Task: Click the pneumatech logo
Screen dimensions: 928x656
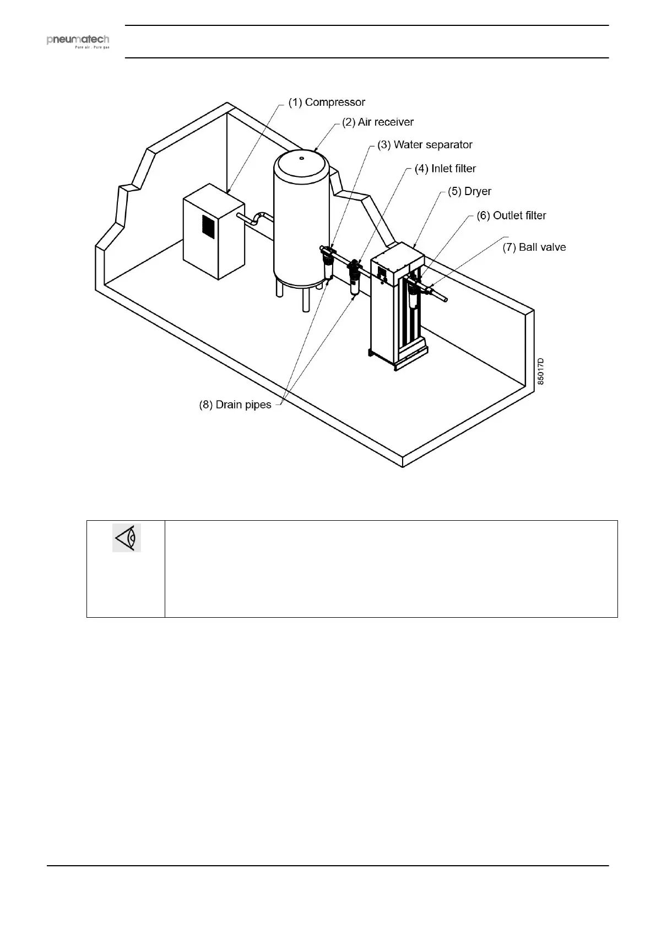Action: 78,41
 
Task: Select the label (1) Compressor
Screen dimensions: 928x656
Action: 327,102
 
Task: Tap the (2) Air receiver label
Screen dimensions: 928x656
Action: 378,122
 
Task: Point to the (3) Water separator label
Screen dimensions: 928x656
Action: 425,145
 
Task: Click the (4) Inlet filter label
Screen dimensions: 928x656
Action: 445,169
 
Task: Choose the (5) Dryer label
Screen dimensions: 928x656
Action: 469,192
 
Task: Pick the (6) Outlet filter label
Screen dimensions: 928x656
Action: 511,215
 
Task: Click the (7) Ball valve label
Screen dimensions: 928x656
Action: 534,247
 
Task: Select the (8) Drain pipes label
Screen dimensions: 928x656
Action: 235,405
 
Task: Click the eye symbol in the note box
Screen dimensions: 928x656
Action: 127,538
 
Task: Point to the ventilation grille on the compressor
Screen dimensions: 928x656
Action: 208,226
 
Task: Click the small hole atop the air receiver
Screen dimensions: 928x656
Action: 301,158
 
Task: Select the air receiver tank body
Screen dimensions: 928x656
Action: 301,220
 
